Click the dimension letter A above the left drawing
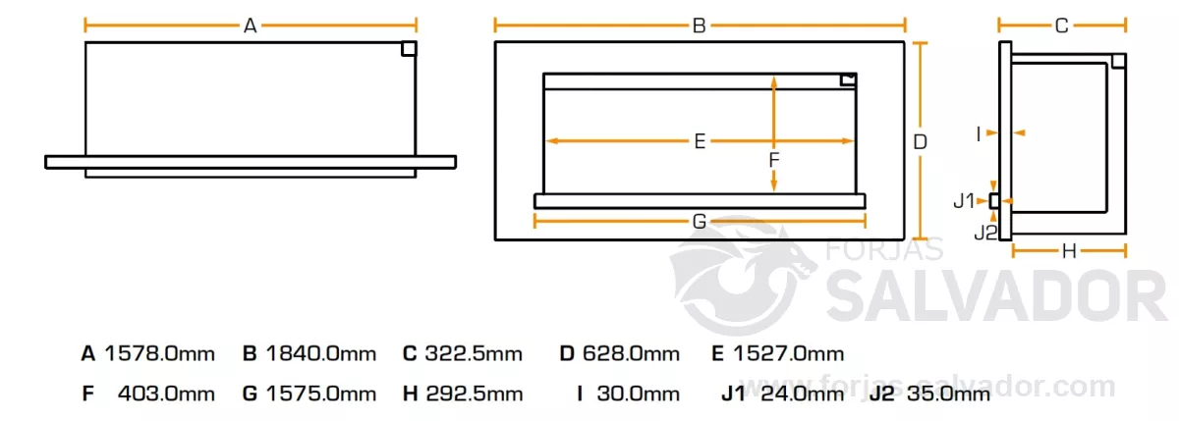tap(250, 26)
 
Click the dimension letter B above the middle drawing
tap(699, 26)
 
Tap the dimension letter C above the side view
tap(1062, 26)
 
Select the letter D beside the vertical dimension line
tap(920, 142)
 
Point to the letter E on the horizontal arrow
tap(700, 141)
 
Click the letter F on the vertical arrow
tap(774, 160)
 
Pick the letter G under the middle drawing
tap(700, 221)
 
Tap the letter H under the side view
tap(1069, 251)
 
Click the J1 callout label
tap(964, 201)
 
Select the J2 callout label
tap(985, 233)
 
